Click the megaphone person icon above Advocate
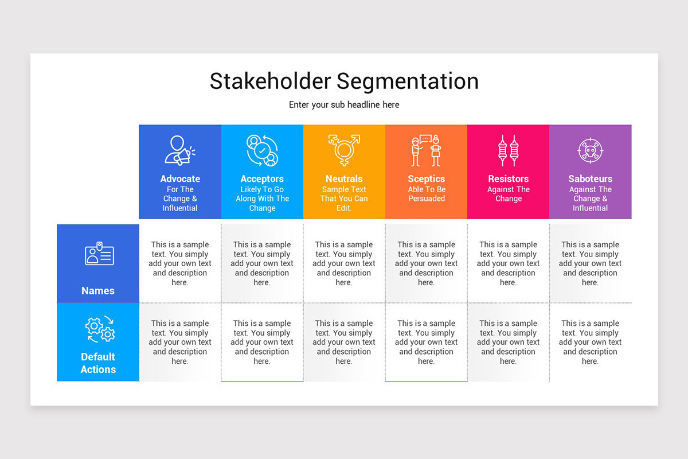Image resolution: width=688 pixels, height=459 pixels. pos(179,150)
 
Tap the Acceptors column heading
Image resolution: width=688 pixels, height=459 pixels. pos(262,179)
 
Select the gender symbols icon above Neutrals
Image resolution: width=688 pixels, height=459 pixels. pos(344,150)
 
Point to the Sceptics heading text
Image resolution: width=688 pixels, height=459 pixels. pos(426,179)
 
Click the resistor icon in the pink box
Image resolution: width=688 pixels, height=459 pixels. pos(508,151)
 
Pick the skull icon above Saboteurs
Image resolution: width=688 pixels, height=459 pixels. pos(590,151)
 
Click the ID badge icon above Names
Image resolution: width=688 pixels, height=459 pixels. pos(99,254)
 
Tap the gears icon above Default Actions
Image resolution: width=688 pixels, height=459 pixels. pos(100,329)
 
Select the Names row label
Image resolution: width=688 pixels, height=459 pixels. pos(98,291)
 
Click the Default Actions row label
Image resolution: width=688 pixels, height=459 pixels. pos(98,363)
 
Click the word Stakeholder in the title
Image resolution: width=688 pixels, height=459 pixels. pos(269,81)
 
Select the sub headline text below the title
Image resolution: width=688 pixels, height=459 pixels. pos(344,105)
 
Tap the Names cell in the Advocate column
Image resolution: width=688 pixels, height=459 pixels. pos(180,263)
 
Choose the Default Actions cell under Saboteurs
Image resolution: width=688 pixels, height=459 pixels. pos(590,342)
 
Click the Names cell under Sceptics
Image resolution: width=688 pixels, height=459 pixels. pos(426,263)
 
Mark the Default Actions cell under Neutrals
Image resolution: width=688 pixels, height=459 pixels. pos(344,342)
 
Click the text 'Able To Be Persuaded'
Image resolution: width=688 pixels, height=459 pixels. pos(426,194)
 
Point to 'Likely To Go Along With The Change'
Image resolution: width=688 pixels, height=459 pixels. pos(262,199)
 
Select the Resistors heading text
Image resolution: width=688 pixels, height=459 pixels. pos(508,179)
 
